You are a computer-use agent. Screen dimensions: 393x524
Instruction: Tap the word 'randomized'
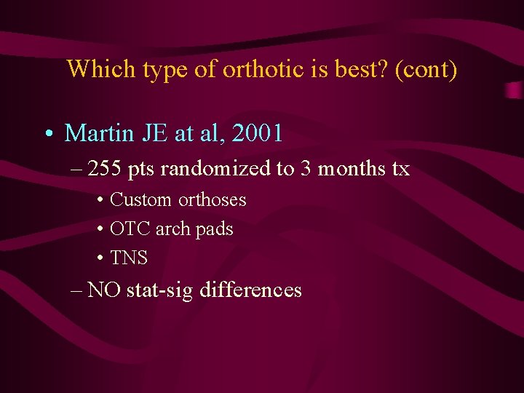pos(215,170)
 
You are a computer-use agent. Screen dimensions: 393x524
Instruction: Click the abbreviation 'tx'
pos(401,170)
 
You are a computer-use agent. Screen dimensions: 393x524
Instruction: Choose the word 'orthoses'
pos(213,200)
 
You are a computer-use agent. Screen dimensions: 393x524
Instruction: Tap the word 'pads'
pos(214,229)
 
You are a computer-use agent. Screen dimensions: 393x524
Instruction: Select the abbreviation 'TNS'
pos(129,258)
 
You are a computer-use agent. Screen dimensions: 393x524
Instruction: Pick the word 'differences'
pos(250,290)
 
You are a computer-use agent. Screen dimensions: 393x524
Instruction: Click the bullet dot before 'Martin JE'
pos(49,135)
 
